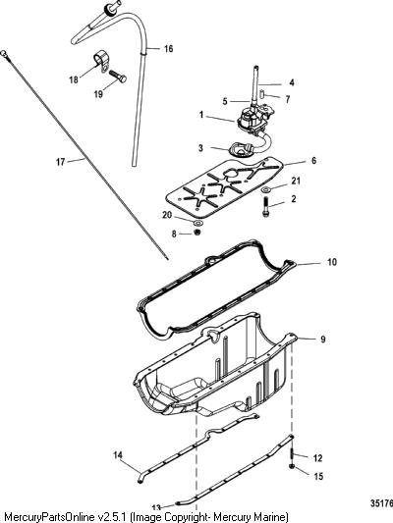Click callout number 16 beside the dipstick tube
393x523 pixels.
pyautogui.click(x=168, y=49)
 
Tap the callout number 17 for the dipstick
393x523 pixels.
pyautogui.click(x=60, y=162)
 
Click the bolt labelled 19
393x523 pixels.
pyautogui.click(x=118, y=77)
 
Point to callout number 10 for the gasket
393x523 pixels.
pyautogui.click(x=331, y=262)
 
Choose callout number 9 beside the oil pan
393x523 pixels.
pyautogui.click(x=322, y=340)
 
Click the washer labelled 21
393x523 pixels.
pyautogui.click(x=266, y=189)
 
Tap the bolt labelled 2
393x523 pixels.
pyautogui.click(x=266, y=207)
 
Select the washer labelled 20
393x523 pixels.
pyautogui.click(x=198, y=222)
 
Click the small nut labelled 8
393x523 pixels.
pyautogui.click(x=197, y=233)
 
